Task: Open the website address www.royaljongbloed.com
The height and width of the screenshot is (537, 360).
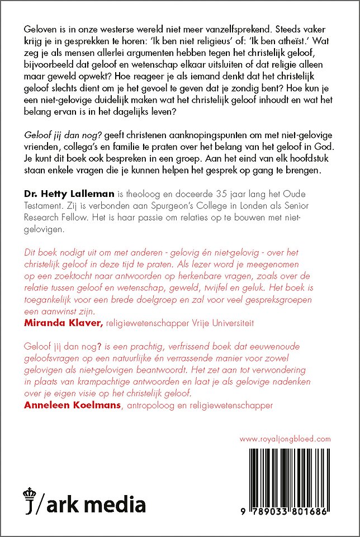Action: (x=285, y=439)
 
